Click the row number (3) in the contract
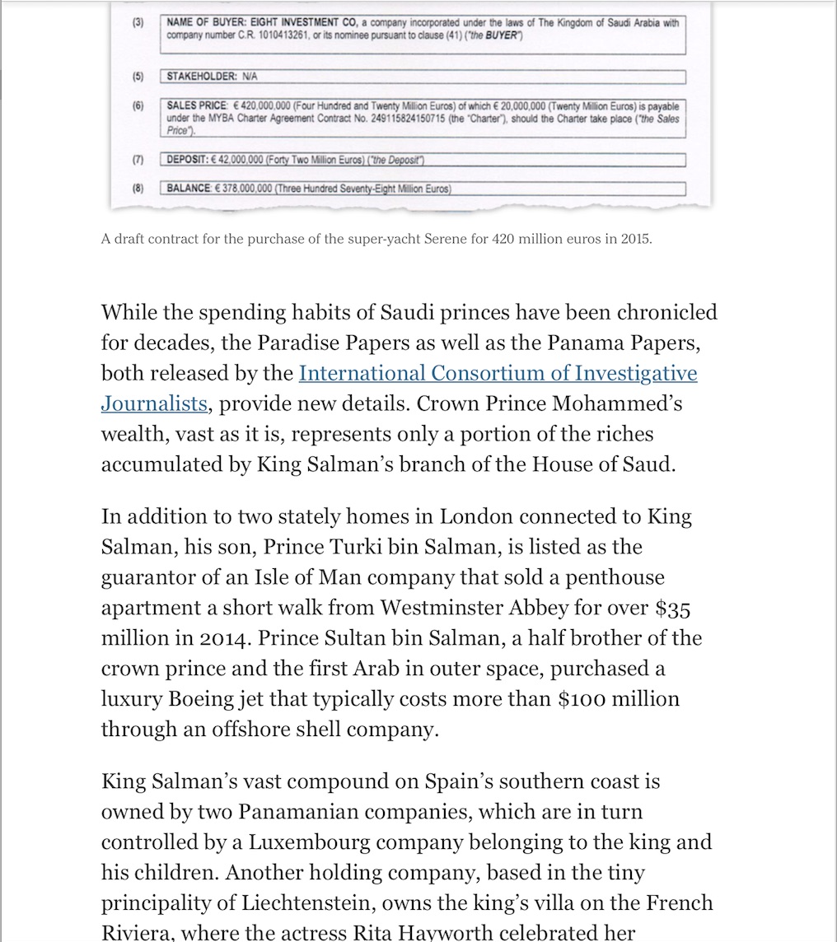tap(138, 23)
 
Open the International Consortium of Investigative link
tap(498, 373)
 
